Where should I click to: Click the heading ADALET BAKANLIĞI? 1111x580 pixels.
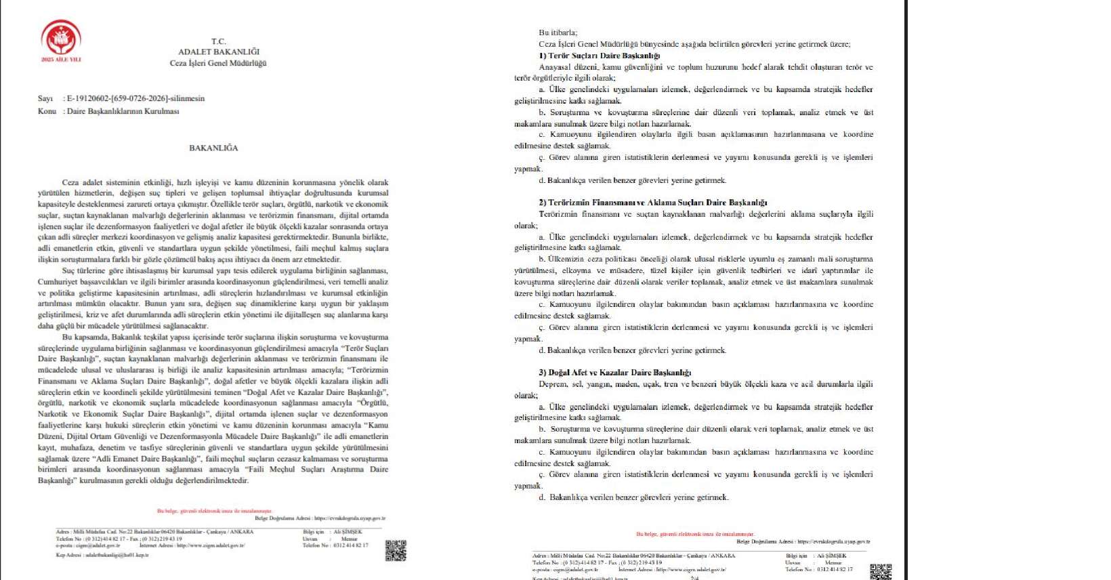(218, 51)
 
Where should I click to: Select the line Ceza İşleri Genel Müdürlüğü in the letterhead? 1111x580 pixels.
(218, 63)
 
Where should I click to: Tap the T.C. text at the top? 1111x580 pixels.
(218, 41)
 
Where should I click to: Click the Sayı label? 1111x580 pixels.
(45, 98)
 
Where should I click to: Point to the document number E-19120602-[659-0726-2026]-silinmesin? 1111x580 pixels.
(135, 98)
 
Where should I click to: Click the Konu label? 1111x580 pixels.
(47, 111)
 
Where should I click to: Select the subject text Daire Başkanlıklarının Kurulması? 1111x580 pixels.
(123, 111)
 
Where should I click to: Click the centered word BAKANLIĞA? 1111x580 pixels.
(213, 148)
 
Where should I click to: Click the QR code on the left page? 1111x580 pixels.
(396, 550)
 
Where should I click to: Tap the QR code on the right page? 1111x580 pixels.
(880, 571)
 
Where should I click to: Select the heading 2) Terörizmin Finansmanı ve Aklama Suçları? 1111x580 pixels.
(653, 203)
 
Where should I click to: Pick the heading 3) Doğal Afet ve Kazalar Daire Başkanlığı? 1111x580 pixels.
(614, 373)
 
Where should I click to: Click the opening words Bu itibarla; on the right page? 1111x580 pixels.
(558, 33)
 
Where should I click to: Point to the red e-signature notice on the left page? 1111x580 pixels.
(214, 511)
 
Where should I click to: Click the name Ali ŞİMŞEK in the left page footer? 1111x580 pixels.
(348, 532)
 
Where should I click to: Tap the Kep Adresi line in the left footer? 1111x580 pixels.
(102, 555)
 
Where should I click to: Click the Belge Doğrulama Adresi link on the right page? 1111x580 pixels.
(803, 541)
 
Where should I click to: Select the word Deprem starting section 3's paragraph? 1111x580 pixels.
(552, 384)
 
